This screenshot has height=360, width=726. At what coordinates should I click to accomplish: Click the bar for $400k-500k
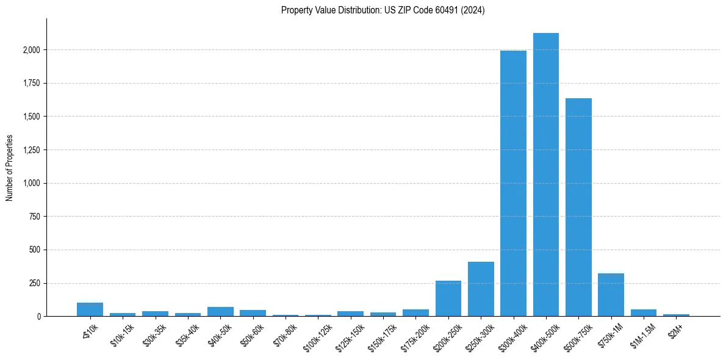pyautogui.click(x=545, y=175)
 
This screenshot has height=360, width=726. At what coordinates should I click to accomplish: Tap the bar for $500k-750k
pyautogui.click(x=578, y=207)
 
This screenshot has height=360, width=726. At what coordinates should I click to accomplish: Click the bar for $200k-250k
pyautogui.click(x=448, y=298)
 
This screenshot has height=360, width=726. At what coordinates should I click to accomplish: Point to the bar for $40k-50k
pyautogui.click(x=220, y=311)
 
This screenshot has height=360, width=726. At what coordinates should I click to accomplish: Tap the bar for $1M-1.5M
pyautogui.click(x=643, y=312)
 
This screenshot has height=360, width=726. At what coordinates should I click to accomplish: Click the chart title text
pyautogui.click(x=383, y=10)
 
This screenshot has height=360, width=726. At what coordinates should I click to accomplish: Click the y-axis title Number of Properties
pyautogui.click(x=10, y=167)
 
